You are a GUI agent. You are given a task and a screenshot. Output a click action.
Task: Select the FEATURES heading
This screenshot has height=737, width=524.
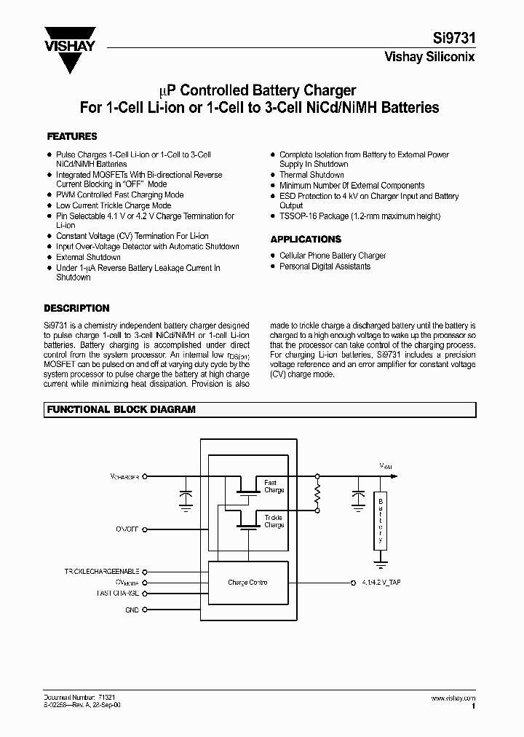tap(72, 136)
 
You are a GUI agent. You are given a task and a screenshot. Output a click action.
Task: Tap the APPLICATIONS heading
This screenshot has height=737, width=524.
tap(306, 239)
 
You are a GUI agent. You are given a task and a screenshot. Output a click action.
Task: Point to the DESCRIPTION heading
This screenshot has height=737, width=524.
tap(76, 308)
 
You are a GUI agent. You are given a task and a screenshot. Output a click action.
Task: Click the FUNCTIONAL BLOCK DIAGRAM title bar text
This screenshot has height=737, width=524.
tap(122, 410)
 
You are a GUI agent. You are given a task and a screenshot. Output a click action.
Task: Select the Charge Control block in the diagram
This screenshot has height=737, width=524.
tap(247, 583)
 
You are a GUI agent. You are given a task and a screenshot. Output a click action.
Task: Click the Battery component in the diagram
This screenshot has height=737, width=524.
tap(379, 520)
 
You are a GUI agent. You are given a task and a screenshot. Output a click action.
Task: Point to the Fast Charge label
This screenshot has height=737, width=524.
tap(274, 486)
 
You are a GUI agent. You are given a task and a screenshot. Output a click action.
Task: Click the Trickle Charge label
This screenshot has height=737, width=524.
tap(274, 521)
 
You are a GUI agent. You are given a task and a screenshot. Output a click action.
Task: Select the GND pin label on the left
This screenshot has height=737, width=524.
tap(131, 610)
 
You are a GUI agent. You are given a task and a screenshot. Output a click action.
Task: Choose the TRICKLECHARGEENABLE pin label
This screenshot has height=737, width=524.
tap(102, 572)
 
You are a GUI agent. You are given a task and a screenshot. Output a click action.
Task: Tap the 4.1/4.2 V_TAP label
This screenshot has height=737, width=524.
tap(380, 583)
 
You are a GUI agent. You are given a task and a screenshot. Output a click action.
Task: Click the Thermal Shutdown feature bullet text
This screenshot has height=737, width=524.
tap(311, 175)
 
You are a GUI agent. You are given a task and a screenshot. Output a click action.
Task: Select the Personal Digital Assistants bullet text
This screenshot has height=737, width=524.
tap(325, 267)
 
